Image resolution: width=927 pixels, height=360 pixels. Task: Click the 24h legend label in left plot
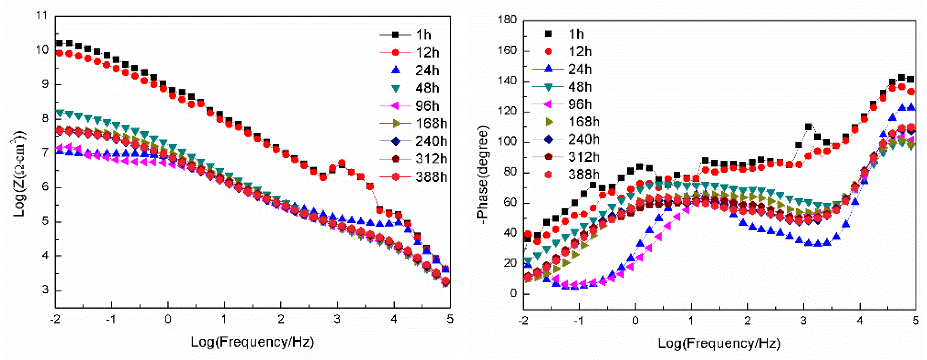click(427, 70)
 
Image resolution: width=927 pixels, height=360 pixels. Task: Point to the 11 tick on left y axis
click(42, 15)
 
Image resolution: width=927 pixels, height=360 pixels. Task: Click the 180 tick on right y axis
click(507, 20)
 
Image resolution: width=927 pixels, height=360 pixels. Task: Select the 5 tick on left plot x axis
click(450, 319)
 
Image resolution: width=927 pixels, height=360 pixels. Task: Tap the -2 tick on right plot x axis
click(523, 320)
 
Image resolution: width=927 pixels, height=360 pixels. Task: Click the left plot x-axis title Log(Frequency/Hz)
click(252, 341)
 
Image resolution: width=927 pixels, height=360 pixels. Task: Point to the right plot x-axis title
click(719, 343)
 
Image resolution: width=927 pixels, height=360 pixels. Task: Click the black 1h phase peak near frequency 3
click(808, 127)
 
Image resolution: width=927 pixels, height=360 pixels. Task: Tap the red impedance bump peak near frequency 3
click(342, 163)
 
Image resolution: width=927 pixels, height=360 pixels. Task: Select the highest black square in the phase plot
click(901, 78)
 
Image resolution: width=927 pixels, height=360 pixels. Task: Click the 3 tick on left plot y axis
click(45, 290)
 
